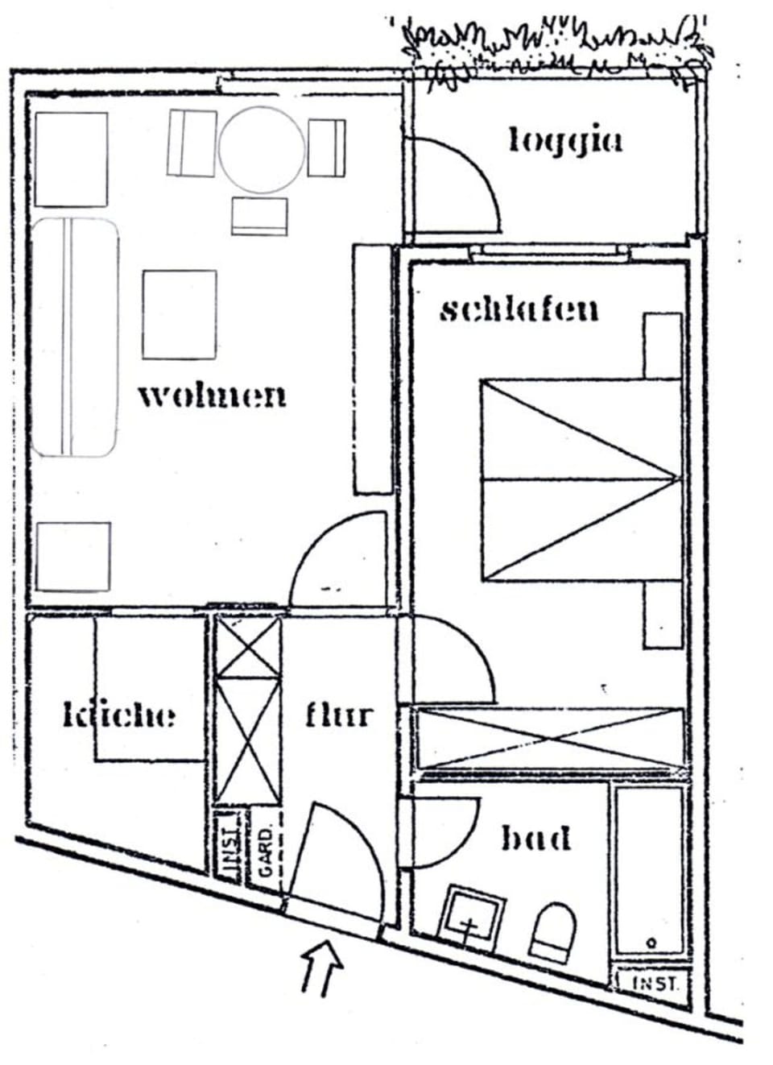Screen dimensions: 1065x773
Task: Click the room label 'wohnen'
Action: pos(212,396)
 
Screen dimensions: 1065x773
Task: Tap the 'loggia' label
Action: pos(565,140)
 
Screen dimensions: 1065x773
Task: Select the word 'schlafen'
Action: pos(519,309)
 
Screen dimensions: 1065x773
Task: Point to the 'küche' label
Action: pos(119,715)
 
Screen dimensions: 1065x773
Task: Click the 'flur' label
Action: pos(339,715)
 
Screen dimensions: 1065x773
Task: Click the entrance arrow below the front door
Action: pos(322,966)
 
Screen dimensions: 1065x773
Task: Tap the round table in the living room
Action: pos(262,150)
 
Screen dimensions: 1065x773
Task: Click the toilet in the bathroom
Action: pos(553,931)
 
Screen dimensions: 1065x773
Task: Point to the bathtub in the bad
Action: pos(649,870)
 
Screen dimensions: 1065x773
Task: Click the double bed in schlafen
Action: pos(580,480)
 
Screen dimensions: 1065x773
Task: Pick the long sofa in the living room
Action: pos(74,337)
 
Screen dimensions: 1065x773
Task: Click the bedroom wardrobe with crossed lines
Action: pos(548,737)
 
